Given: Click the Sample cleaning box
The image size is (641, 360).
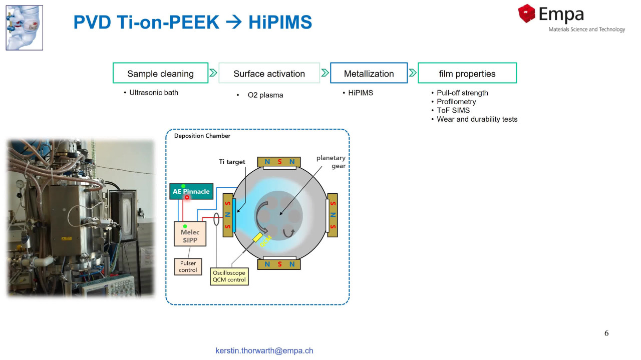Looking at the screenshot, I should click(x=160, y=73).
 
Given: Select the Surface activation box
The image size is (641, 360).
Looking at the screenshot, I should click(x=269, y=73).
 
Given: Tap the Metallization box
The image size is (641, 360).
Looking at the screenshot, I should click(x=369, y=73).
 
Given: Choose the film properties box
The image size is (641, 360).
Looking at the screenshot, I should click(x=467, y=73).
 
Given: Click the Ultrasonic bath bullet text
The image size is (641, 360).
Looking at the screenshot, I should click(x=153, y=93).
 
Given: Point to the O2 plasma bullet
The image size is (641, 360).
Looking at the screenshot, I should click(x=265, y=95).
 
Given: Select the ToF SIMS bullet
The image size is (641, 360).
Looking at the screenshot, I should click(x=453, y=110).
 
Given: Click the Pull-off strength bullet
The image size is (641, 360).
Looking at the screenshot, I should click(x=462, y=93).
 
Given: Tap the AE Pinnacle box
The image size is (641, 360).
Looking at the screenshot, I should click(x=191, y=191).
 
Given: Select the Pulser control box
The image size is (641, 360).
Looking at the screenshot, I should click(x=188, y=266).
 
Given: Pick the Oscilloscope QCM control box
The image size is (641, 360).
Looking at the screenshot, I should click(x=229, y=276).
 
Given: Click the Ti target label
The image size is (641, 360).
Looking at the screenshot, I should click(x=232, y=162).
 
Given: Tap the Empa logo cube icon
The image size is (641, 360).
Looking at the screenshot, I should click(x=527, y=14).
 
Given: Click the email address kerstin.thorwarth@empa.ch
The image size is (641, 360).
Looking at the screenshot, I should click(x=264, y=350).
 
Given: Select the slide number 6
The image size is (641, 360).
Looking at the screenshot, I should click(x=606, y=333).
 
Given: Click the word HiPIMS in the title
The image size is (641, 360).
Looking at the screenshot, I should click(x=280, y=23).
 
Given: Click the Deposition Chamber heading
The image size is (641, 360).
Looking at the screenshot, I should click(x=202, y=136).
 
